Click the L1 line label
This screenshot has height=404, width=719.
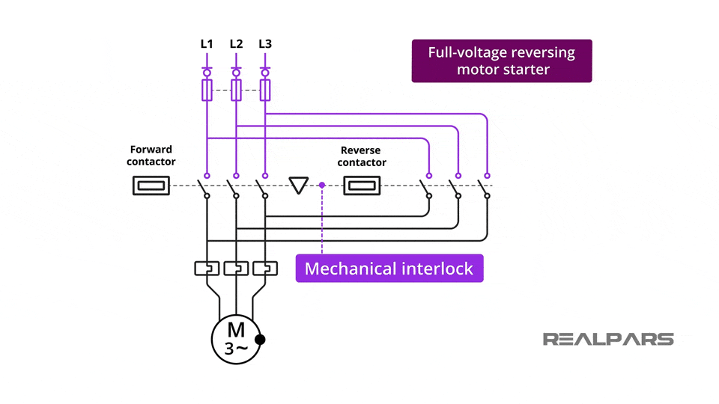(x=207, y=44)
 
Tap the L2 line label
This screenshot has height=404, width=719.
(x=236, y=44)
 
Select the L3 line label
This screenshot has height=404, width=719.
(x=265, y=44)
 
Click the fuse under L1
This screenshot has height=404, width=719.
(x=207, y=91)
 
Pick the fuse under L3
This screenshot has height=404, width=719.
(x=265, y=91)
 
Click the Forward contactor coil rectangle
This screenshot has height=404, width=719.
(x=151, y=186)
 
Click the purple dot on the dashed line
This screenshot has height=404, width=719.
(x=322, y=185)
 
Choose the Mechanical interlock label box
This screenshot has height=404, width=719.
(x=389, y=269)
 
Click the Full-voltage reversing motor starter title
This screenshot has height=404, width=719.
(x=502, y=61)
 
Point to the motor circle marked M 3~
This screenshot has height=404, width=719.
(x=236, y=339)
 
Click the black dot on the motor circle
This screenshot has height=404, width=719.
(x=260, y=340)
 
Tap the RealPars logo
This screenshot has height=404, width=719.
(x=608, y=339)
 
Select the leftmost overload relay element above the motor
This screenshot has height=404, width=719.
(x=207, y=267)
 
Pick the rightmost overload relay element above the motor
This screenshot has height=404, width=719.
(x=265, y=267)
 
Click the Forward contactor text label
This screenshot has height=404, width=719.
(x=151, y=155)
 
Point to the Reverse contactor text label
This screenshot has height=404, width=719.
(x=362, y=156)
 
